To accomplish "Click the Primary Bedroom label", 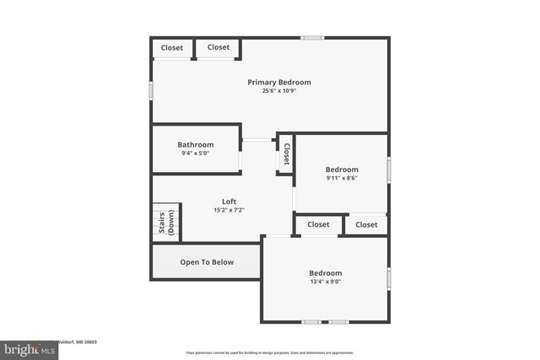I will [278, 83].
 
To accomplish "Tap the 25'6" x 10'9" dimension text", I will [278, 91].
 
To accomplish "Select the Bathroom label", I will [195, 145].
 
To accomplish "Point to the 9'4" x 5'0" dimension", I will [195, 153].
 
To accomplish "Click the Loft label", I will [229, 201].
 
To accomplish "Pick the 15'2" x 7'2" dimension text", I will [229, 210].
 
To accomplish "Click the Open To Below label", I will [207, 262].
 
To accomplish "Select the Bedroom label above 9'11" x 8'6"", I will [342, 169].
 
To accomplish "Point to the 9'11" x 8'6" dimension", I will [342, 178].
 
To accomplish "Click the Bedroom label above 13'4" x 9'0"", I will [325, 273].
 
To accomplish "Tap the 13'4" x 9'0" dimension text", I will [325, 282].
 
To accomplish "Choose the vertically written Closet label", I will [286, 153].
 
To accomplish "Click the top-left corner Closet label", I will [172, 48].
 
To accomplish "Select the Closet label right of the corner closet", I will [219, 47].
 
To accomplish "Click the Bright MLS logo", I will [30, 349].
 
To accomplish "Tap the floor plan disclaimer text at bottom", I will [270, 353].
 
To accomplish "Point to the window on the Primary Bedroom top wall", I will [313, 37].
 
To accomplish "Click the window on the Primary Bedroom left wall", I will [152, 89].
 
